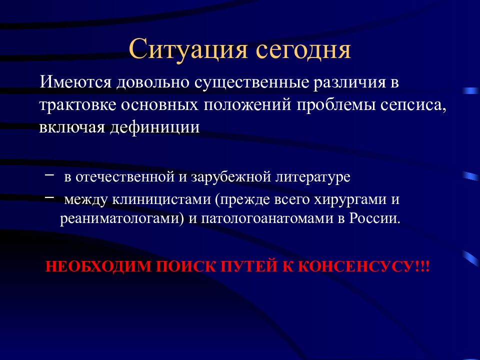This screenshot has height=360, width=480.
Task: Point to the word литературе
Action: point(313,177)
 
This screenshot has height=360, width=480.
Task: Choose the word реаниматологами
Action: point(118,219)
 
